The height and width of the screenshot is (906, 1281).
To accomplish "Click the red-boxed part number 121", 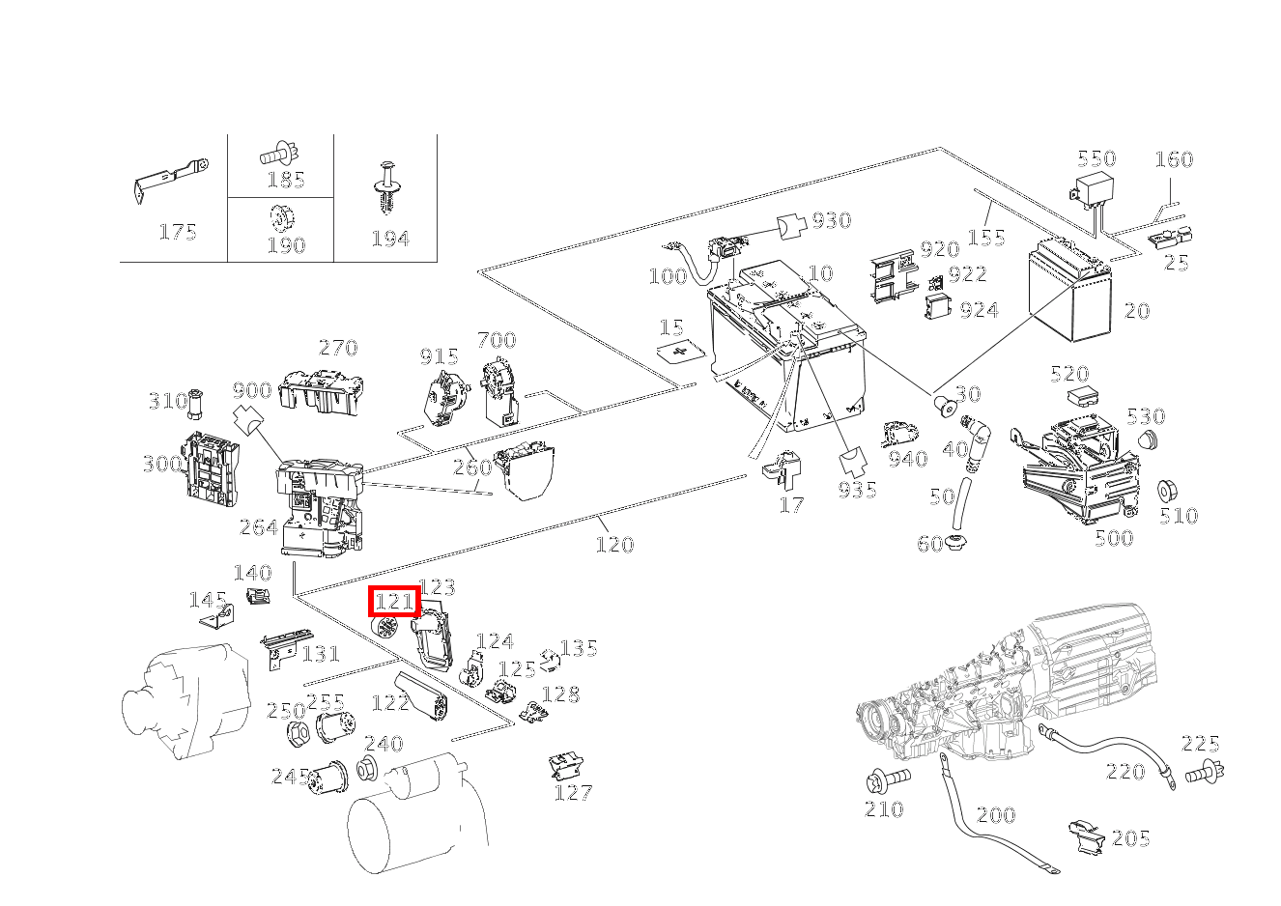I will tap(394, 602).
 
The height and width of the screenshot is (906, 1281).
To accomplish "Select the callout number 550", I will tap(1096, 158).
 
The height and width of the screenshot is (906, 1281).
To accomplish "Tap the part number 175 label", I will tap(178, 232).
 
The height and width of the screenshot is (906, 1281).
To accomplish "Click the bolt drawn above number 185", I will tap(278, 153).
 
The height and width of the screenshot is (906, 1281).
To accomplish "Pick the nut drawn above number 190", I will tap(278, 218).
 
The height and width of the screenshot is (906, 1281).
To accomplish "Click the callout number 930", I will tap(831, 220).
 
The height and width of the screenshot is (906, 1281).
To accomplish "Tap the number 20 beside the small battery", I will tap(1137, 311).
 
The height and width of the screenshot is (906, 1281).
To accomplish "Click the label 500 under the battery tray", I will tap(1113, 539).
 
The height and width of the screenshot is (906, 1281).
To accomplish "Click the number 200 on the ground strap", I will tap(995, 815).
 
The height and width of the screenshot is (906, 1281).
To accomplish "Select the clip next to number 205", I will tap(1089, 836).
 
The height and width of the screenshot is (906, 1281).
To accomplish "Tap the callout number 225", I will tap(1201, 744).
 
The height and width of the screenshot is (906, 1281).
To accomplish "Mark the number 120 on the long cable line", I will tap(614, 545).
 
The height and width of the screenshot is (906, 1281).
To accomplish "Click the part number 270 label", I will tap(338, 348).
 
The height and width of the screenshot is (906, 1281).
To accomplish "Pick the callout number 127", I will tap(573, 793).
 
